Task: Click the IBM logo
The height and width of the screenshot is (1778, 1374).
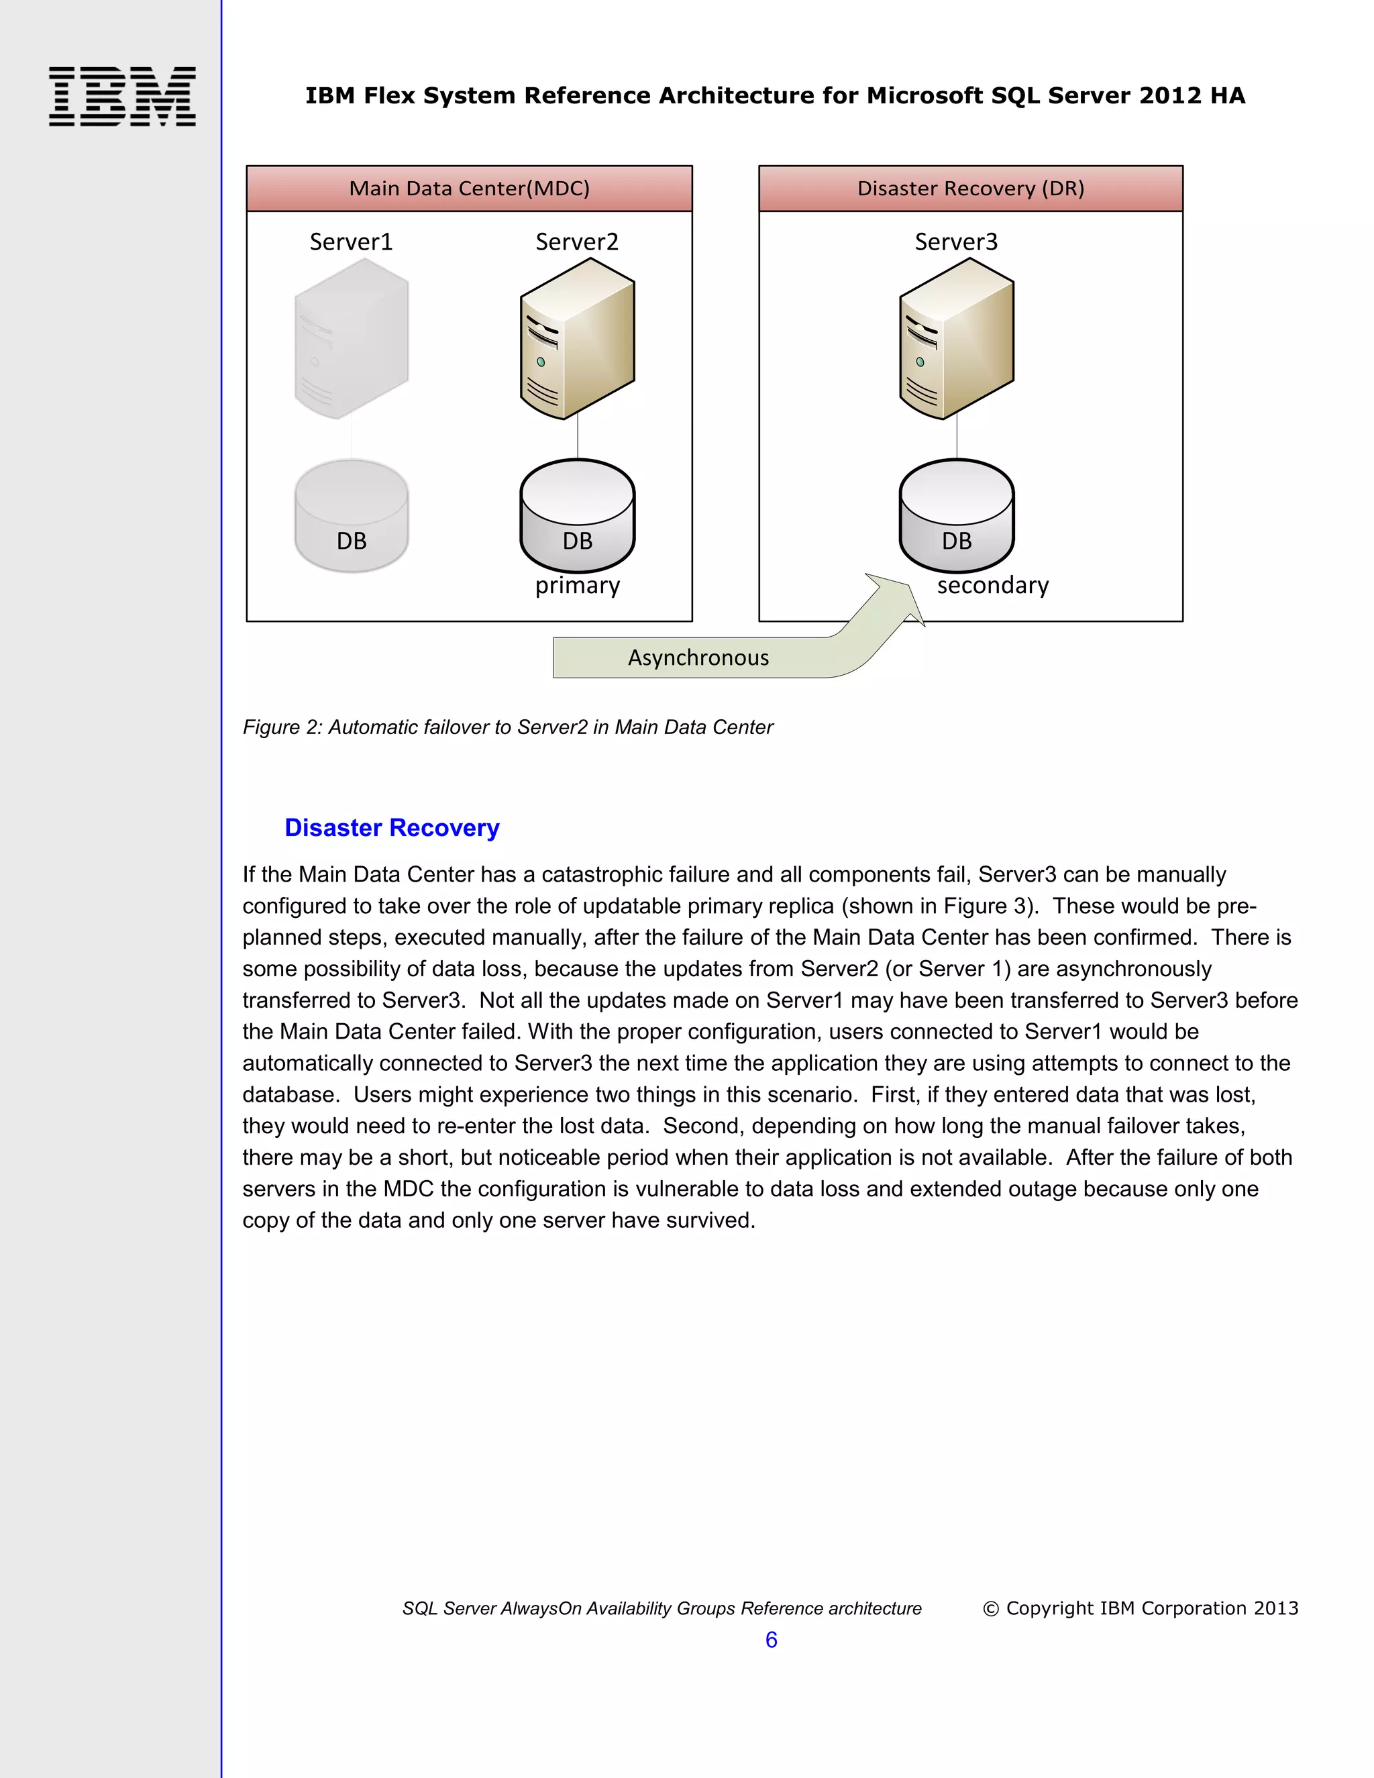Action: tap(122, 96)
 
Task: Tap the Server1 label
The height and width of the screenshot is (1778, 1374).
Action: tap(351, 242)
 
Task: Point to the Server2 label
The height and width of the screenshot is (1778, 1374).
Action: tap(576, 242)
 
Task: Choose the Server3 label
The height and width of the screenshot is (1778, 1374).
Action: tap(955, 242)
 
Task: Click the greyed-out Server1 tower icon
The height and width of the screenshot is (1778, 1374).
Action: tap(351, 339)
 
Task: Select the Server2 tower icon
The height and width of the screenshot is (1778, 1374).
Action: tap(577, 339)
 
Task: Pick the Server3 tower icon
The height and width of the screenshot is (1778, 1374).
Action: tap(957, 339)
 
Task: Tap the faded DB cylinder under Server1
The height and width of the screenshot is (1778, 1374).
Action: tap(351, 516)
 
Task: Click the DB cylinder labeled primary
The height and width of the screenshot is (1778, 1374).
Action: tap(577, 516)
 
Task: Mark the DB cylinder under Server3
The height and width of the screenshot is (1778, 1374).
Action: tap(957, 516)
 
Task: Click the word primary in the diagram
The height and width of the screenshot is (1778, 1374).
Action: tap(577, 585)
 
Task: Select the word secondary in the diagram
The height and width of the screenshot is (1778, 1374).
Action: tap(992, 585)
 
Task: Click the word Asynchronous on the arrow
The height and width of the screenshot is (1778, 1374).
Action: tap(698, 658)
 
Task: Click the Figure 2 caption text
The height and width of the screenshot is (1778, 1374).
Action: tap(507, 727)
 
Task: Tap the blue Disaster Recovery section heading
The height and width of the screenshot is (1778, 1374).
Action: tap(392, 828)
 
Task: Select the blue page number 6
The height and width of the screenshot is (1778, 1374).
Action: tap(771, 1640)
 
